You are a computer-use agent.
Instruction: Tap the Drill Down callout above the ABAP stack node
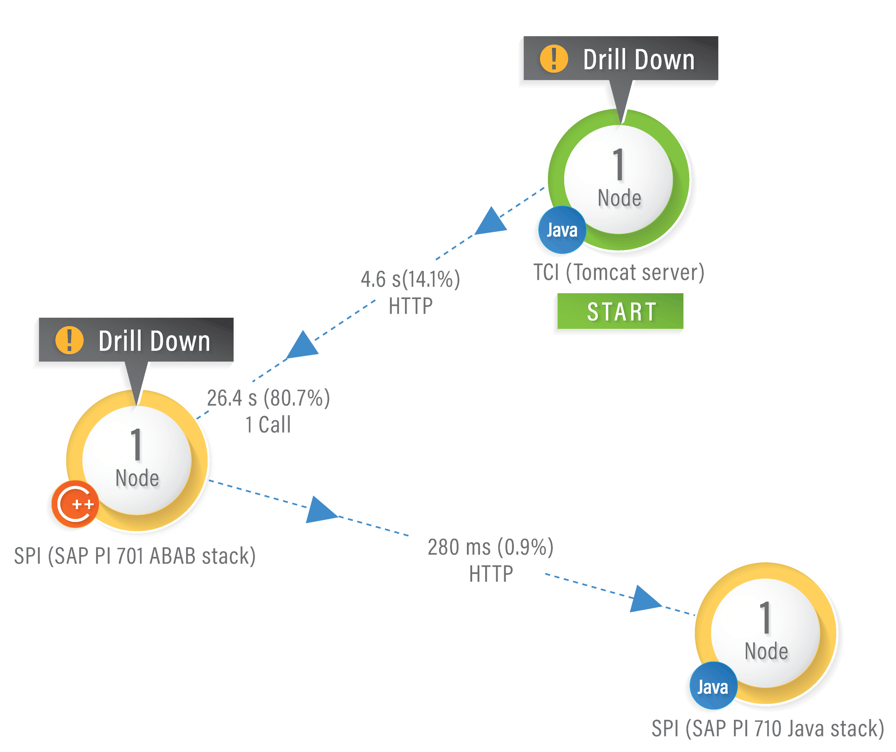tap(135, 341)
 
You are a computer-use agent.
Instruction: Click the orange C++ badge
tap(75, 504)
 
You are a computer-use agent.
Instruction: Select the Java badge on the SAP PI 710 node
tap(713, 687)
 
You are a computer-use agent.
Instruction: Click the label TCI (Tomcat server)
tap(619, 273)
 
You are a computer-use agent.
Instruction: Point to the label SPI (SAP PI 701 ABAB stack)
tap(134, 556)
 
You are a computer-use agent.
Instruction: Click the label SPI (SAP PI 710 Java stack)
tap(768, 728)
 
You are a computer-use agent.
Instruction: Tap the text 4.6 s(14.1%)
tap(410, 280)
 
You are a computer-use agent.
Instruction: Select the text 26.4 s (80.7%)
tap(268, 398)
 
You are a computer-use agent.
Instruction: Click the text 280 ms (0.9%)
tap(491, 547)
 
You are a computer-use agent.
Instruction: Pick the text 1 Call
tap(269, 425)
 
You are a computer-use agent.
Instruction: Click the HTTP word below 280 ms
tap(491, 574)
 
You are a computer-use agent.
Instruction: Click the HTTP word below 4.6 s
tap(410, 306)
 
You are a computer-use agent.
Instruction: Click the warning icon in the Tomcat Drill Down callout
tap(554, 59)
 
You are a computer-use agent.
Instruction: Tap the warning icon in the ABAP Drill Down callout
tap(69, 340)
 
